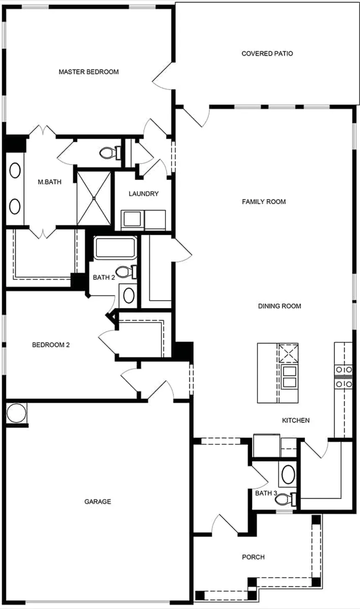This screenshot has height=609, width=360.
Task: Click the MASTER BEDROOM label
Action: coord(88,72)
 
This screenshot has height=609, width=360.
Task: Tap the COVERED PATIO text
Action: coord(267,54)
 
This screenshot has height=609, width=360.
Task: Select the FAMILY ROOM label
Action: coord(264,202)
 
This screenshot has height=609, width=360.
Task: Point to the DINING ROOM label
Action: coord(279,306)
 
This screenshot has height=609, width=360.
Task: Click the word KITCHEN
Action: coord(296,420)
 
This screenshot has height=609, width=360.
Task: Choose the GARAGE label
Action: coord(98,502)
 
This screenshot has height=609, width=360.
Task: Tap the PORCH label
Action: coord(253,557)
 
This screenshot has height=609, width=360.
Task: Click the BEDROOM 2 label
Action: coord(51,345)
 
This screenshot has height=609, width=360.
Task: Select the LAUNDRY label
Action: coord(144,194)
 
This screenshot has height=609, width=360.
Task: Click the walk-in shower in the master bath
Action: coord(94,197)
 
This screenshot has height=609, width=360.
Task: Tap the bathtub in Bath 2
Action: coord(115,248)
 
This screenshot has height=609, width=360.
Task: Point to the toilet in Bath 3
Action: coord(285,499)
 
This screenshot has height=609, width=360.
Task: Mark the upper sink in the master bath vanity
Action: coord(15,171)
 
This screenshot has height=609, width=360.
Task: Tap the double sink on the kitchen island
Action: coord(289,376)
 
